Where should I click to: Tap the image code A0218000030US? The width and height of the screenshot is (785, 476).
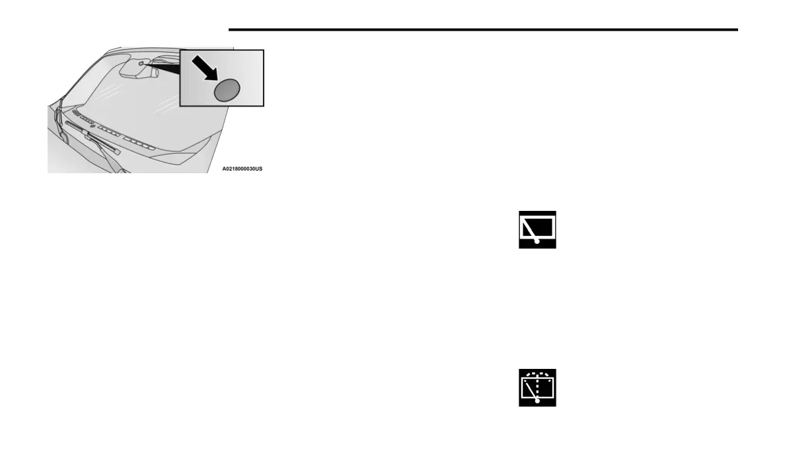click(x=242, y=169)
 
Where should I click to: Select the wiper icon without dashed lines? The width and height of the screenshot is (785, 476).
click(x=537, y=229)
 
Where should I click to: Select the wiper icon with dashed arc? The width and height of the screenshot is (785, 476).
click(x=537, y=387)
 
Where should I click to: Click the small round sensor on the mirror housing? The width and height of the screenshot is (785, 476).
click(x=140, y=64)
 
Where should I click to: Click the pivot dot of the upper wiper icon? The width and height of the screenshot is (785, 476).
click(x=537, y=242)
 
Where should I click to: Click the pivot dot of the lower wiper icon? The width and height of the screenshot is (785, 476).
click(x=537, y=400)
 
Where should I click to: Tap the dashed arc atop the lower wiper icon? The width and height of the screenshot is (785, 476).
click(x=537, y=374)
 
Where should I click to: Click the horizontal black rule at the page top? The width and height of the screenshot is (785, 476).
click(x=482, y=30)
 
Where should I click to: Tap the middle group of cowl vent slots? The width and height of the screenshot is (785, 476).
click(x=109, y=133)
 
